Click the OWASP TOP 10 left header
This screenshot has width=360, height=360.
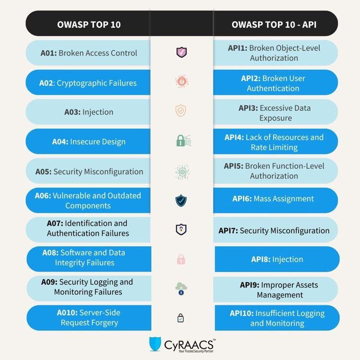[89, 24]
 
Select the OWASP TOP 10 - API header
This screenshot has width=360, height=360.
[274, 24]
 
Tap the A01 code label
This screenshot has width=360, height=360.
[48, 53]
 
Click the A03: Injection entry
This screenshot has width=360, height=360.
[89, 112]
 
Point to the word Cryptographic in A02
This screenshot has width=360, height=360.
[77, 83]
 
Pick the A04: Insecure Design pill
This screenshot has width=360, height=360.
[89, 142]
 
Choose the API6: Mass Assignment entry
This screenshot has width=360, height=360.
[274, 199]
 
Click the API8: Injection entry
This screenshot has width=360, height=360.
[277, 260]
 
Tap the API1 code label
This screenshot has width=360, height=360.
[238, 48]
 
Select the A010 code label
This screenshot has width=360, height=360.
[67, 312]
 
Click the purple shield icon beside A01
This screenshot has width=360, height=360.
[181, 52]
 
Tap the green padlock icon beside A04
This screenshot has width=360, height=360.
[181, 141]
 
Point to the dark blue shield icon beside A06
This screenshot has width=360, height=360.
[181, 200]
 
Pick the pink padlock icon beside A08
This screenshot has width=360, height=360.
[181, 260]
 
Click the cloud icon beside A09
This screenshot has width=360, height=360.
[181, 288]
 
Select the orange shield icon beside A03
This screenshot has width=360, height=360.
[181, 111]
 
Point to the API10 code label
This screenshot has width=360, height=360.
[241, 313]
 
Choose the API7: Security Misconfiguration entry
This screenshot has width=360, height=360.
[274, 231]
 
